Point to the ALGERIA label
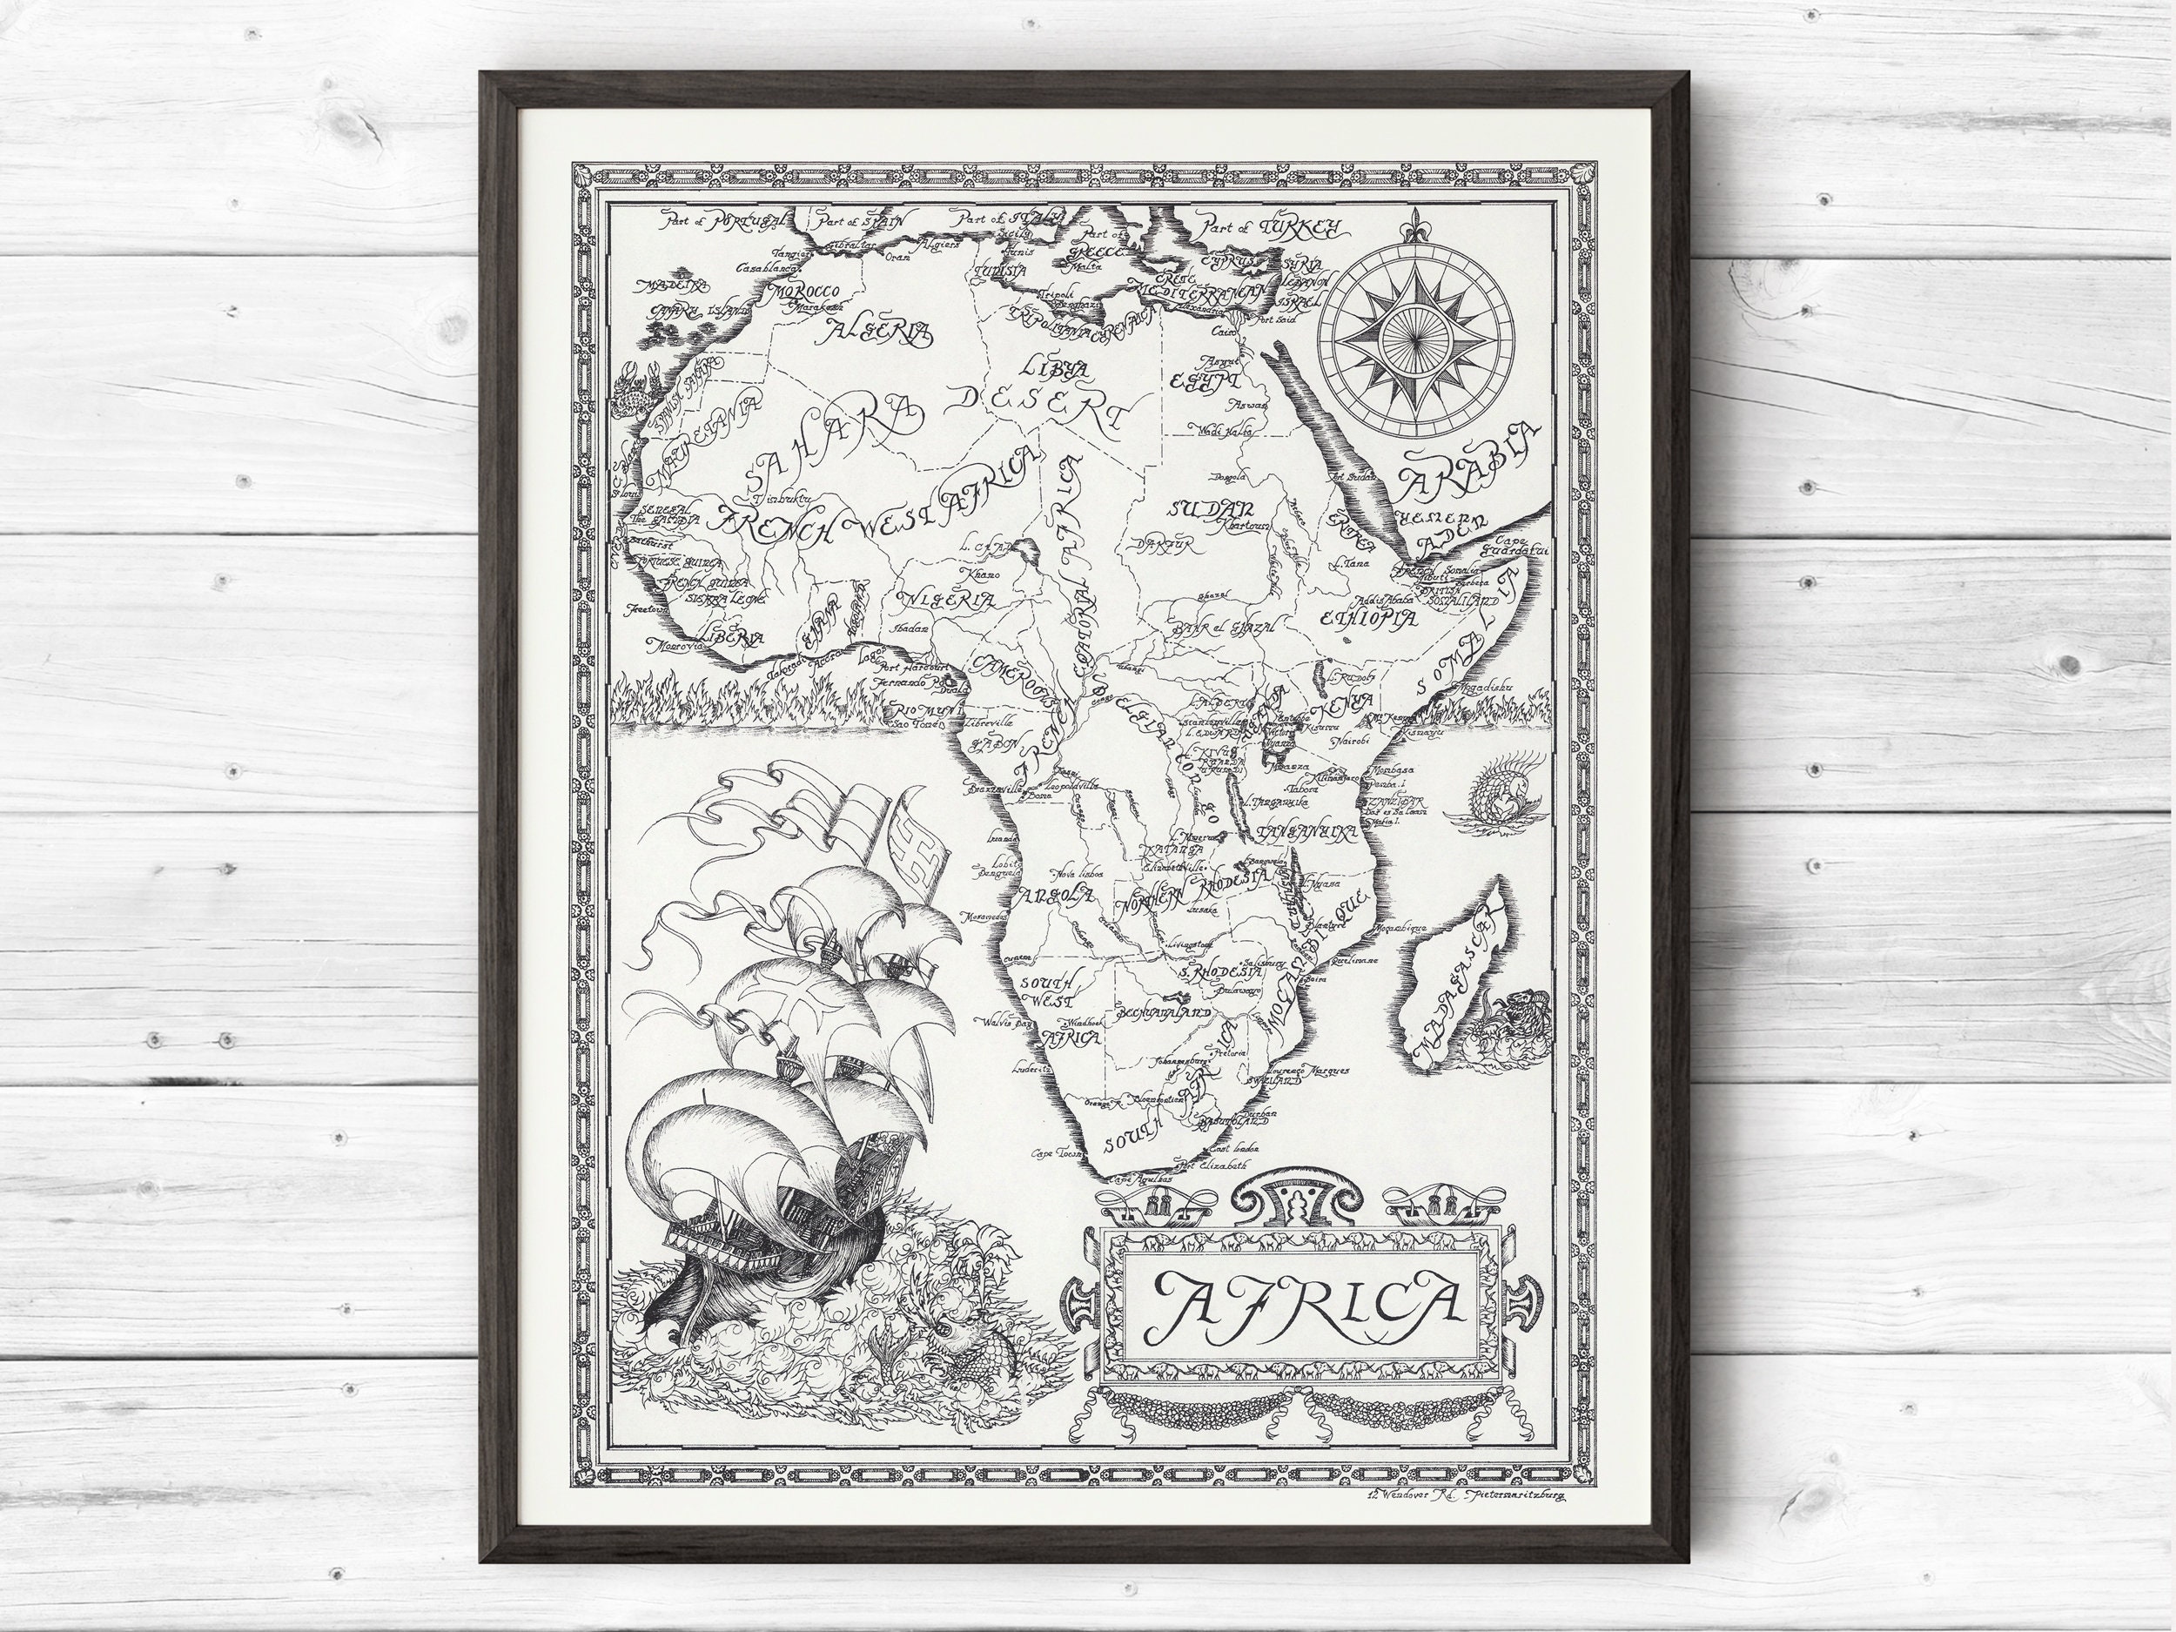881,333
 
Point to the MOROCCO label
805,292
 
